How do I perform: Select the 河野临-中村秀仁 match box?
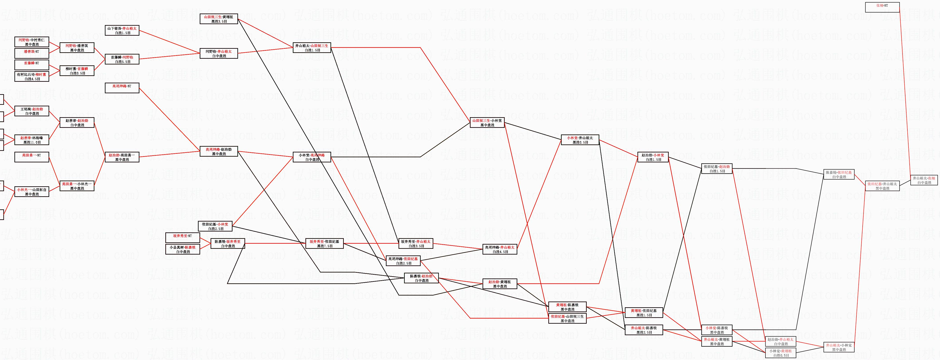[x=32, y=42]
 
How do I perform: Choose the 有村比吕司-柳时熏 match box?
[x=32, y=76]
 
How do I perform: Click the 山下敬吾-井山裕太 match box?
[x=122, y=30]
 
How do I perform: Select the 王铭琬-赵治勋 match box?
[x=32, y=111]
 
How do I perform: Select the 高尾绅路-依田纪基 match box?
[x=403, y=261]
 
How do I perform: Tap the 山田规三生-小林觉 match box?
[x=487, y=123]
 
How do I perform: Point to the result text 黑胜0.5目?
[x=580, y=142]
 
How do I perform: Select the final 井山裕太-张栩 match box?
[x=924, y=180]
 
